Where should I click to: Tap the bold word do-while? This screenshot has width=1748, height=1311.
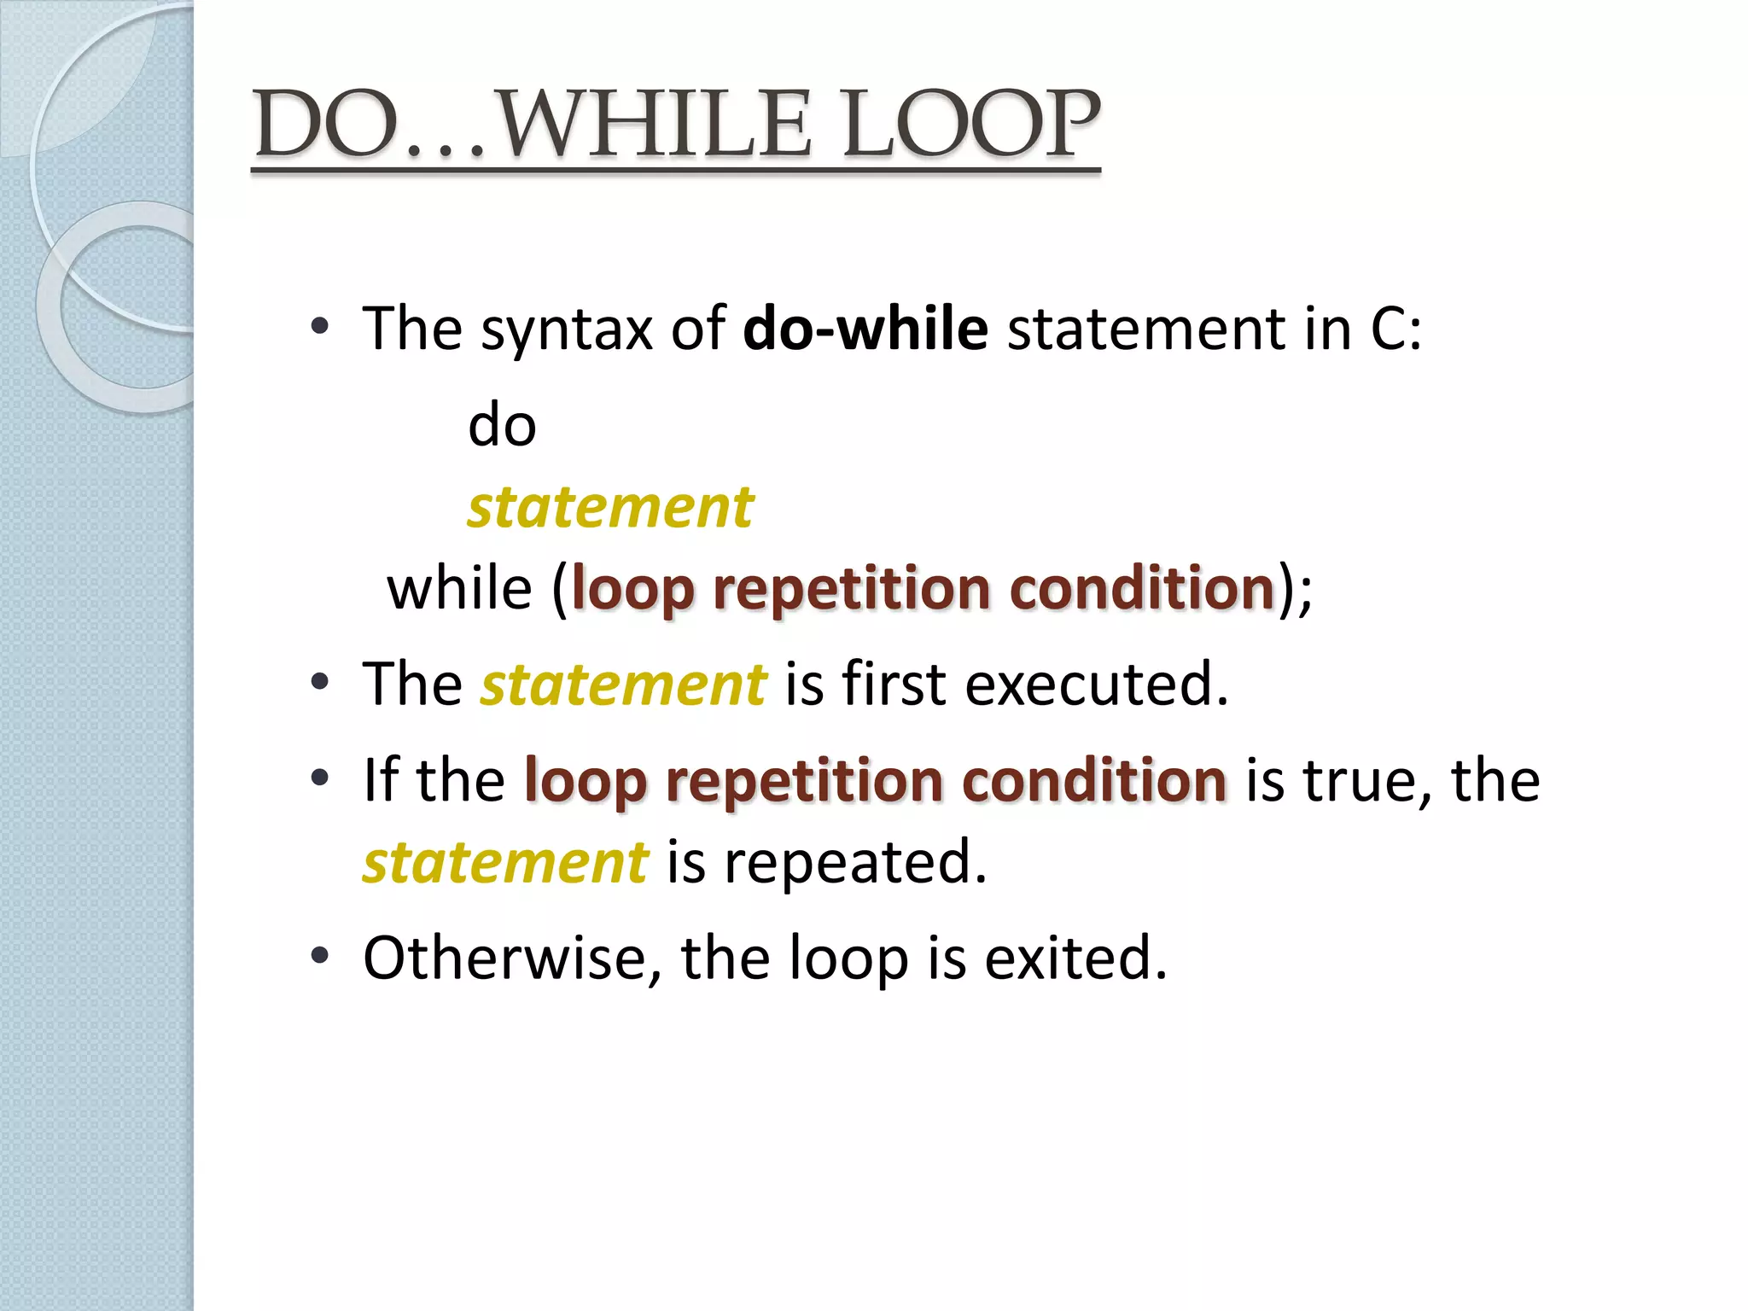pos(865,329)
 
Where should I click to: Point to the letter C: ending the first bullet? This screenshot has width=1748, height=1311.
pos(1396,329)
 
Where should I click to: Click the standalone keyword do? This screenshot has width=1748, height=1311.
pos(502,425)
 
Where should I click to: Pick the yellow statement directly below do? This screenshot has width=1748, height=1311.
pos(610,507)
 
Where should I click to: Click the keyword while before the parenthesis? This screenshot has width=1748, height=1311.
pos(459,589)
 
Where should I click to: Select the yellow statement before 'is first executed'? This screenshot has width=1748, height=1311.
pos(623,685)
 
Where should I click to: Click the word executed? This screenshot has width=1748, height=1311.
pos(1097,685)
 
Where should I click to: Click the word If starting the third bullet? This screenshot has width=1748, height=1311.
pos(381,780)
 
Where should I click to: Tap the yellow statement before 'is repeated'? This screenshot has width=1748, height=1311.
pos(505,862)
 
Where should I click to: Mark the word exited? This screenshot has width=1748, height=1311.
pos(1075,958)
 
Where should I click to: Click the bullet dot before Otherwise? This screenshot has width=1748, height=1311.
pos(320,956)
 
